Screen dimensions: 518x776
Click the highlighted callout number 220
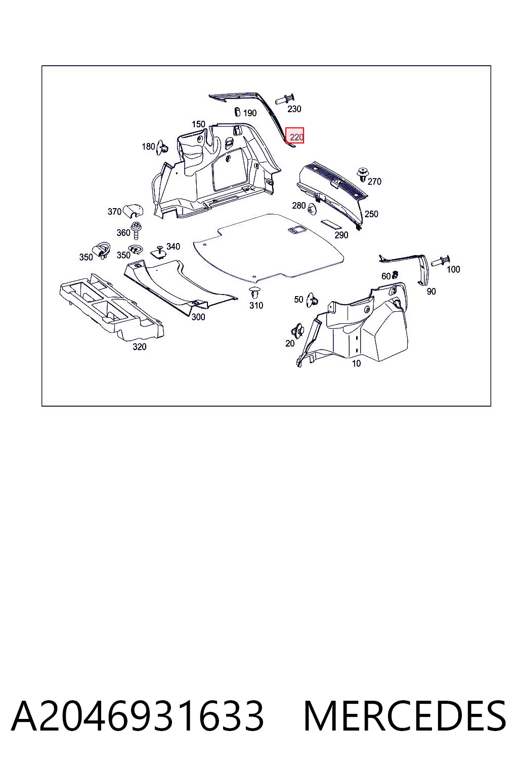296,137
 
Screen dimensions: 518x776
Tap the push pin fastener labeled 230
285,99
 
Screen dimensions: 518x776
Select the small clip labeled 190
238,112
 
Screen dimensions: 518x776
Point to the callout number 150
198,124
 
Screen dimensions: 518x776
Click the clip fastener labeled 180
163,148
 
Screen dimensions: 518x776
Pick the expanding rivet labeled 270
363,175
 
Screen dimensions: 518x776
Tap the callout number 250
371,214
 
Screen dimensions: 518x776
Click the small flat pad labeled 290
331,224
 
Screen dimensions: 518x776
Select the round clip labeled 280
313,209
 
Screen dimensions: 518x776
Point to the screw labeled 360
136,230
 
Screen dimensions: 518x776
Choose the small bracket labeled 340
159,252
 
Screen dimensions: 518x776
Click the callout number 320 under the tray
140,347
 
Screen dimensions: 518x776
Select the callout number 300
198,317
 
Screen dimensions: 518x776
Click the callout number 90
431,292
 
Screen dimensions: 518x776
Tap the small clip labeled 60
395,275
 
